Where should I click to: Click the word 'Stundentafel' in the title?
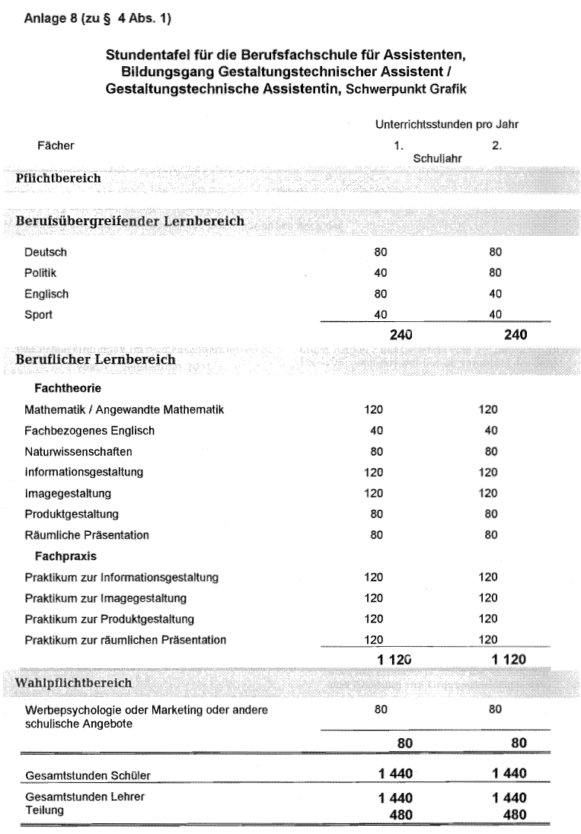148,56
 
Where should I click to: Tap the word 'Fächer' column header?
56,145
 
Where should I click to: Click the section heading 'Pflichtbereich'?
58,179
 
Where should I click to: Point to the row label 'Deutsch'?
45,252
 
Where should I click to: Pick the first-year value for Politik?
381,272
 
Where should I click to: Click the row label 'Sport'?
38,314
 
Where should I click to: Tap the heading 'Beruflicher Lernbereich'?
95,359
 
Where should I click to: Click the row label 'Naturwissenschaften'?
78,451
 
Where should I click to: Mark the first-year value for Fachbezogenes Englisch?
377,431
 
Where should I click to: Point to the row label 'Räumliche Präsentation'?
86,535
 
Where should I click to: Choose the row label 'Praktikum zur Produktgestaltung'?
109,619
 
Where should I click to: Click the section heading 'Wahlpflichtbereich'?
74,683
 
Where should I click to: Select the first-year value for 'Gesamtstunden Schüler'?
395,774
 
